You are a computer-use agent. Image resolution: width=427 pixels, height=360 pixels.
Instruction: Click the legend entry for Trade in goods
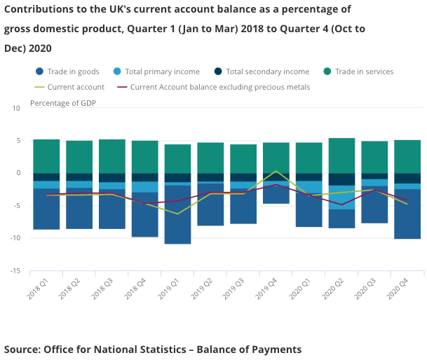[74, 71]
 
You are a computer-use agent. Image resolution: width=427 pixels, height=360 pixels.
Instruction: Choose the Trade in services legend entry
[363, 71]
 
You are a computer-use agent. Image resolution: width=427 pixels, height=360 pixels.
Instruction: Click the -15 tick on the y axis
[15, 271]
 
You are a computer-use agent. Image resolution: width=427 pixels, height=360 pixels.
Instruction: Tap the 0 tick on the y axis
[18, 173]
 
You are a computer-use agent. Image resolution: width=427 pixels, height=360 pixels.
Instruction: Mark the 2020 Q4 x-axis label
[400, 287]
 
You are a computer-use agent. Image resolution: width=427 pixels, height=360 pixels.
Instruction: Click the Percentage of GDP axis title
[63, 103]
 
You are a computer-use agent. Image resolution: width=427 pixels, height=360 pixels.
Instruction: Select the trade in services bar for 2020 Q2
[341, 155]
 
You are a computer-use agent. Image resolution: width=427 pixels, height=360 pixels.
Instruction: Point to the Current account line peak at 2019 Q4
[276, 171]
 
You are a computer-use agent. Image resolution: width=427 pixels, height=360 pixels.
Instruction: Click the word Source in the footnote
[22, 349]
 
